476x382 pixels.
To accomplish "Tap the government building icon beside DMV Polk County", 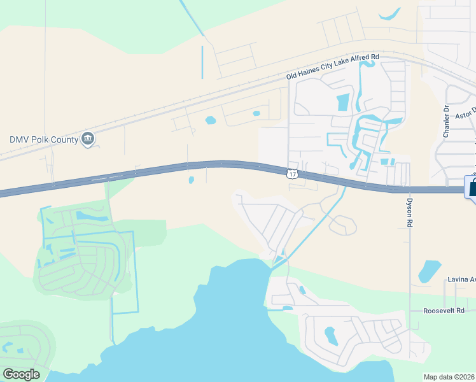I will pos(88,139).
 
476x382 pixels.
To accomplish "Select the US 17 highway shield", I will pos(291,174).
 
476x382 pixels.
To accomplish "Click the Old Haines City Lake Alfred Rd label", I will pos(333,67).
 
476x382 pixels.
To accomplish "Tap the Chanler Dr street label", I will pos(446,121).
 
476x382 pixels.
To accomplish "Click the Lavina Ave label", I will pos(461,279).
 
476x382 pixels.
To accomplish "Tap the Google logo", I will pos(21,374).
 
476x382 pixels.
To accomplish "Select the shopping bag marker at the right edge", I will pos(472,188).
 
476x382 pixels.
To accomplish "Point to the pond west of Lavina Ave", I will pos(430,271).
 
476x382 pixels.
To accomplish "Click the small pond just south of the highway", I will pos(191,180).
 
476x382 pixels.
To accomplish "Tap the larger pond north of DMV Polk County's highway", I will pos(210,120).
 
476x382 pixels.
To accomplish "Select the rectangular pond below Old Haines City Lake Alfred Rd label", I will pos(342,101).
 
